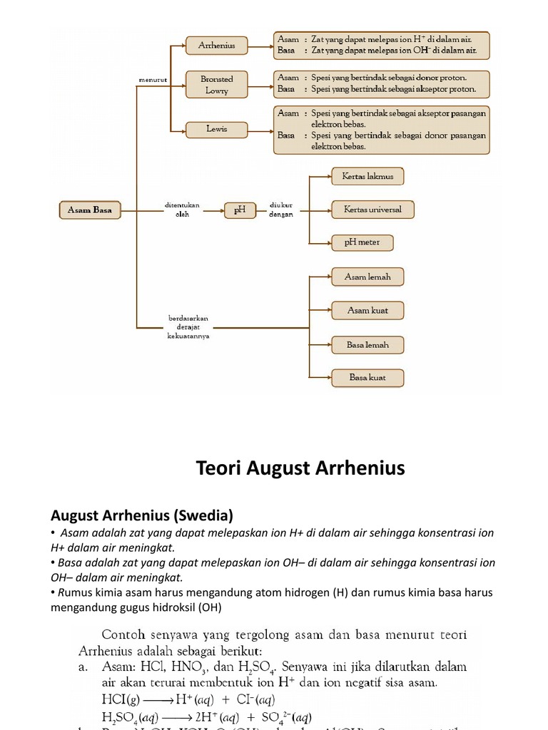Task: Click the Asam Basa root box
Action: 89,210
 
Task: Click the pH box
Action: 240,210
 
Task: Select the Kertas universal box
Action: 372,210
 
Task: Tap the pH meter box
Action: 362,242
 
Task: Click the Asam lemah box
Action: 367,277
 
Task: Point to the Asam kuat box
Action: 367,310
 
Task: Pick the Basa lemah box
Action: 367,344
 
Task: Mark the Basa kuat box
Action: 367,378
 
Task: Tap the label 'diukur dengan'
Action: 281,210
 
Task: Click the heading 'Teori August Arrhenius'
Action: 300,468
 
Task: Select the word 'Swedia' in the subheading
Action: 208,515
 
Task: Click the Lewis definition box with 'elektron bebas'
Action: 382,130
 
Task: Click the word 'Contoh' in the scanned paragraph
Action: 123,634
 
